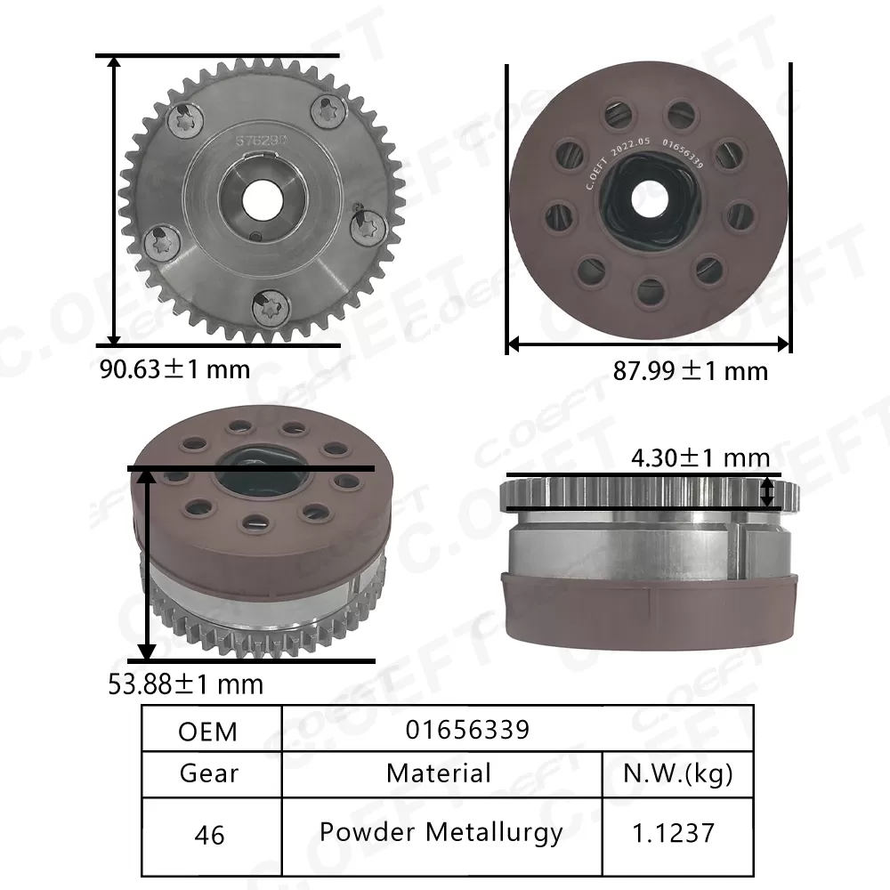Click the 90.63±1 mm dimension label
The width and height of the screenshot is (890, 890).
click(174, 368)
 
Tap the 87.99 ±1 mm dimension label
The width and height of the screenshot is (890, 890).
click(690, 370)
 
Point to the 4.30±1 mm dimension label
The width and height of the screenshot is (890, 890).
click(700, 457)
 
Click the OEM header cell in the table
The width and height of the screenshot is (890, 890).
click(208, 731)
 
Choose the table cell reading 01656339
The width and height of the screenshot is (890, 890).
click(467, 730)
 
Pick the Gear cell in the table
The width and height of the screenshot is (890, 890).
click(208, 773)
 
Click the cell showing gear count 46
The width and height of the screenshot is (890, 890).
click(208, 835)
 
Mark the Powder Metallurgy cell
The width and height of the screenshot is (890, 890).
click(441, 832)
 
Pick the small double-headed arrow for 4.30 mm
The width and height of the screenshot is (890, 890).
click(768, 490)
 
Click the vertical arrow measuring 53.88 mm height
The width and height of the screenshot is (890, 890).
click(148, 564)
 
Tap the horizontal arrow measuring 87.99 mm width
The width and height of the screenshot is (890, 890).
click(649, 343)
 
